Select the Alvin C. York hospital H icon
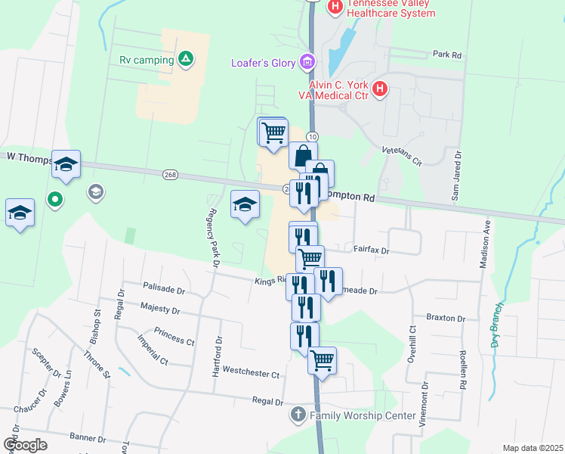tap(380, 89)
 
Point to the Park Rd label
tap(447, 54)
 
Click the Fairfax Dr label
tap(370, 249)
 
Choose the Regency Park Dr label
tap(215, 237)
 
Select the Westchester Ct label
tap(251, 374)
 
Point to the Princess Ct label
tap(174, 336)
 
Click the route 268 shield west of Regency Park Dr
tap(170, 175)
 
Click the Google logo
tap(26, 445)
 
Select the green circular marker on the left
tap(54, 201)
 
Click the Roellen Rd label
tap(462, 370)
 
